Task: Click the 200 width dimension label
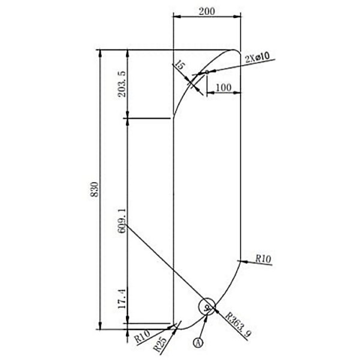tap(207, 11)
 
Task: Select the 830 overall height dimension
tap(94, 189)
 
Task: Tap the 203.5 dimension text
tap(122, 84)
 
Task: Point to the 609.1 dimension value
tap(122, 221)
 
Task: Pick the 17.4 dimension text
tap(122, 298)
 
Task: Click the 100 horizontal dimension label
tap(224, 87)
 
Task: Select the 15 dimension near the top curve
tap(179, 65)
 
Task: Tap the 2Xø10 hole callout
tap(257, 58)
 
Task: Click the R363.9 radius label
tap(238, 324)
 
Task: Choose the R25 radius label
tap(160, 344)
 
